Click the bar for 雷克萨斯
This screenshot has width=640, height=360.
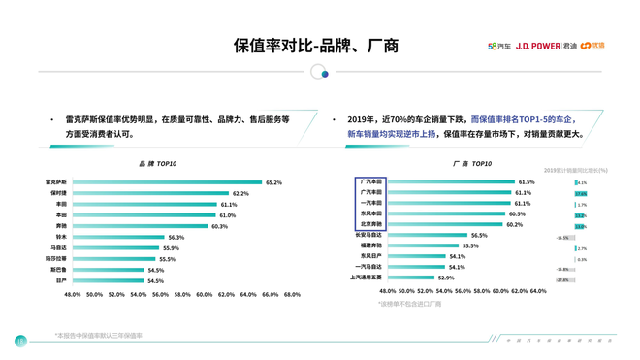pyautogui.click(x=166, y=182)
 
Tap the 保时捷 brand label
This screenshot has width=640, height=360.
pyautogui.click(x=58, y=193)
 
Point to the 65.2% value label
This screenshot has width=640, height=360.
pyautogui.click(x=273, y=182)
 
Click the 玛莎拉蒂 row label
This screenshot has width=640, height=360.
pyautogui.click(x=56, y=259)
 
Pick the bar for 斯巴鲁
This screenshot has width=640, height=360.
pyautogui.click(x=109, y=270)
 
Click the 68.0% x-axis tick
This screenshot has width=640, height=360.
pyautogui.click(x=292, y=294)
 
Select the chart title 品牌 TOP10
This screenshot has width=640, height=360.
pyautogui.click(x=158, y=164)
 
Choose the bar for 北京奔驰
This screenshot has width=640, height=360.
pyautogui.click(x=444, y=224)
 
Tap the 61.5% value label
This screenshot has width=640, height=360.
pyautogui.click(x=527, y=181)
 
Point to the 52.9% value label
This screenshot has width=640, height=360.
pyautogui.click(x=446, y=278)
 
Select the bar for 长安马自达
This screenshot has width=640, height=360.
pyautogui.click(x=427, y=235)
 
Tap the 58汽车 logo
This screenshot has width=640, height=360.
pyautogui.click(x=498, y=46)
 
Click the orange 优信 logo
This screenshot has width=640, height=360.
pyautogui.click(x=592, y=46)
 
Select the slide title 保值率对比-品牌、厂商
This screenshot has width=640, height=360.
pyautogui.click(x=316, y=46)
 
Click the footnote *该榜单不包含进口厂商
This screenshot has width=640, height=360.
pyautogui.click(x=409, y=304)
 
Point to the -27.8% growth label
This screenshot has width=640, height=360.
pyautogui.click(x=562, y=279)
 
